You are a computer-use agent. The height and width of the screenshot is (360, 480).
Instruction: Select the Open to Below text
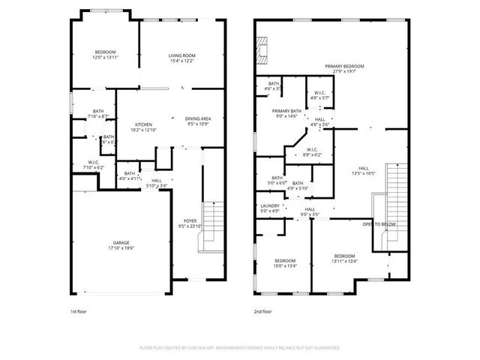[379, 224]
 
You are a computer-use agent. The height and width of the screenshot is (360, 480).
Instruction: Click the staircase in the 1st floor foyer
[212, 229]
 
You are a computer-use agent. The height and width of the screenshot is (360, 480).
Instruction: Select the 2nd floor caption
[262, 310]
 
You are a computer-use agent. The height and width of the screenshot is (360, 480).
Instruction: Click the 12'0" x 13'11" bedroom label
[105, 55]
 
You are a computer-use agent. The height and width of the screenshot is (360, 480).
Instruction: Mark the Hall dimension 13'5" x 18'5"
[363, 170]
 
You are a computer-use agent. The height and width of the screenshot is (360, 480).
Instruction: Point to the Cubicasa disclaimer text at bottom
[240, 348]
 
